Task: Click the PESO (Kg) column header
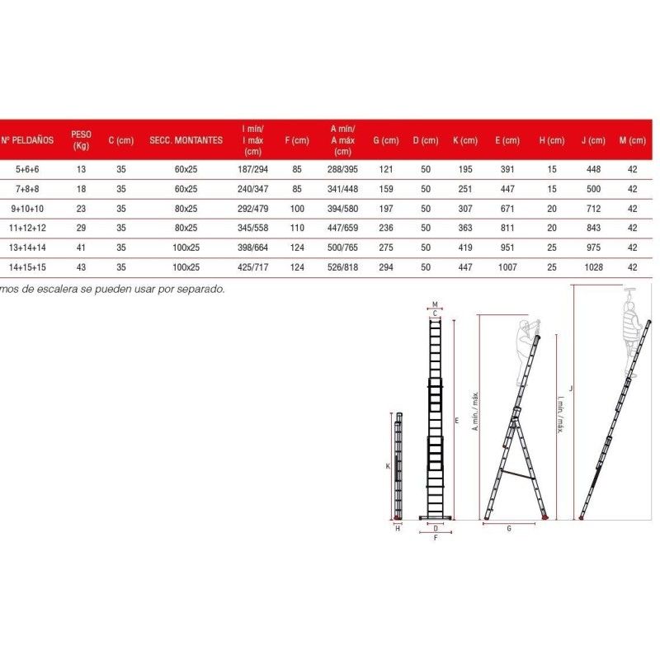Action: click(x=81, y=139)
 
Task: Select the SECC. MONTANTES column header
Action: click(x=186, y=140)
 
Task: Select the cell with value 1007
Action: click(x=507, y=267)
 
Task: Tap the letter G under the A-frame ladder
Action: click(x=509, y=527)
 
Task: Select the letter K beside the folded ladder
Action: click(x=388, y=466)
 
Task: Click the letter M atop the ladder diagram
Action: click(x=435, y=304)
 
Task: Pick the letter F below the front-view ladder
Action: click(x=435, y=537)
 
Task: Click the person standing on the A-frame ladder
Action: click(x=523, y=351)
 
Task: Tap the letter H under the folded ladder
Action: click(x=397, y=528)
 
